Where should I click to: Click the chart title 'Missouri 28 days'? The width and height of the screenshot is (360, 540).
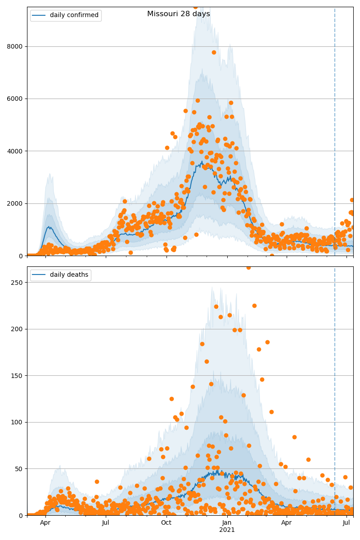pyautogui.click(x=178, y=14)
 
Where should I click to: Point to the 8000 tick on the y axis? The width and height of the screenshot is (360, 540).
pyautogui.click(x=17, y=46)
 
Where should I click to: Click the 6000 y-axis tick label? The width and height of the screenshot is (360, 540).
pyautogui.click(x=17, y=99)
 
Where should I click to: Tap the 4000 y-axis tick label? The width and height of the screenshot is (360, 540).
pyautogui.click(x=17, y=151)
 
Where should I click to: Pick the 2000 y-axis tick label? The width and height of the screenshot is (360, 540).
pyautogui.click(x=17, y=203)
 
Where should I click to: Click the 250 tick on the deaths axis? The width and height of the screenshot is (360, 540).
pyautogui.click(x=19, y=282)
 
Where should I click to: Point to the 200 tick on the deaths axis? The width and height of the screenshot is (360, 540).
pyautogui.click(x=19, y=329)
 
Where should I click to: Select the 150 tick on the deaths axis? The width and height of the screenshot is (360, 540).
pyautogui.click(x=19, y=375)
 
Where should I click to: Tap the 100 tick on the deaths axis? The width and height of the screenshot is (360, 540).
pyautogui.click(x=19, y=422)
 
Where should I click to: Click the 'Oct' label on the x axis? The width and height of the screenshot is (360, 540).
pyautogui.click(x=166, y=522)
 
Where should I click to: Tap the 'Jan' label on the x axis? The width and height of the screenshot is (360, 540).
pyautogui.click(x=227, y=522)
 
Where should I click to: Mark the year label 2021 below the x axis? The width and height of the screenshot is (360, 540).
pyautogui.click(x=227, y=530)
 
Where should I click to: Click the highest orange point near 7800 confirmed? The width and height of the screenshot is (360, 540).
pyautogui.click(x=214, y=52)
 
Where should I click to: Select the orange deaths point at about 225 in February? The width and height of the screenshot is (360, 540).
pyautogui.click(x=254, y=306)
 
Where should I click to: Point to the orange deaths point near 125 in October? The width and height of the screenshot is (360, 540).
pyautogui.click(x=171, y=399)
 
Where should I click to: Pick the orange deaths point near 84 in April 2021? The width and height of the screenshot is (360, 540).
pyautogui.click(x=294, y=437)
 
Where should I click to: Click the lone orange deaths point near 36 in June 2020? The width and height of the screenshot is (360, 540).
pyautogui.click(x=97, y=481)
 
